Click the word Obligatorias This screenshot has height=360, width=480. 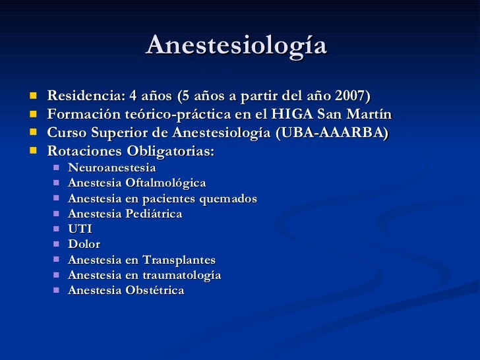point(171,152)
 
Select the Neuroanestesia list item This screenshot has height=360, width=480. point(112,167)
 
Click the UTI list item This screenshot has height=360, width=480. point(80,229)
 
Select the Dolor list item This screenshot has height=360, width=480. point(84,244)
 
